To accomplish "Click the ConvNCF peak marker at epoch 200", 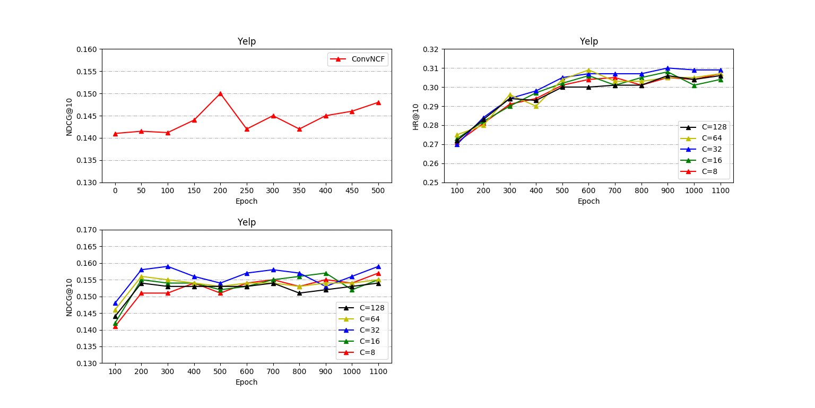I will click(220, 93).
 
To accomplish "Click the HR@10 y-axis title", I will click(416, 116).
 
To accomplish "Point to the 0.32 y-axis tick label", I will click(431, 49).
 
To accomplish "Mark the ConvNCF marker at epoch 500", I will click(378, 102).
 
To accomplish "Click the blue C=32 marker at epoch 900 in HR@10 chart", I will click(667, 68).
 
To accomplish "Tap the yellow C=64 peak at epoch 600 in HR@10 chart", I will click(588, 70).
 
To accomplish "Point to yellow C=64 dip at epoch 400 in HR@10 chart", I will click(536, 106).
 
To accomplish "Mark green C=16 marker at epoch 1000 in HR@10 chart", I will click(694, 85).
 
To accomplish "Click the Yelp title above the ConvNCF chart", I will click(246, 41).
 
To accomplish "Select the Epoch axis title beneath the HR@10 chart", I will click(588, 202).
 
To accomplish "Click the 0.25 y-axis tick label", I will click(431, 183).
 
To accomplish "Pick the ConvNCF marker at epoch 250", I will click(247, 129).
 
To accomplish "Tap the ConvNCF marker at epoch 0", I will click(115, 133).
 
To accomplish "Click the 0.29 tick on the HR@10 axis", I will click(431, 107).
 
